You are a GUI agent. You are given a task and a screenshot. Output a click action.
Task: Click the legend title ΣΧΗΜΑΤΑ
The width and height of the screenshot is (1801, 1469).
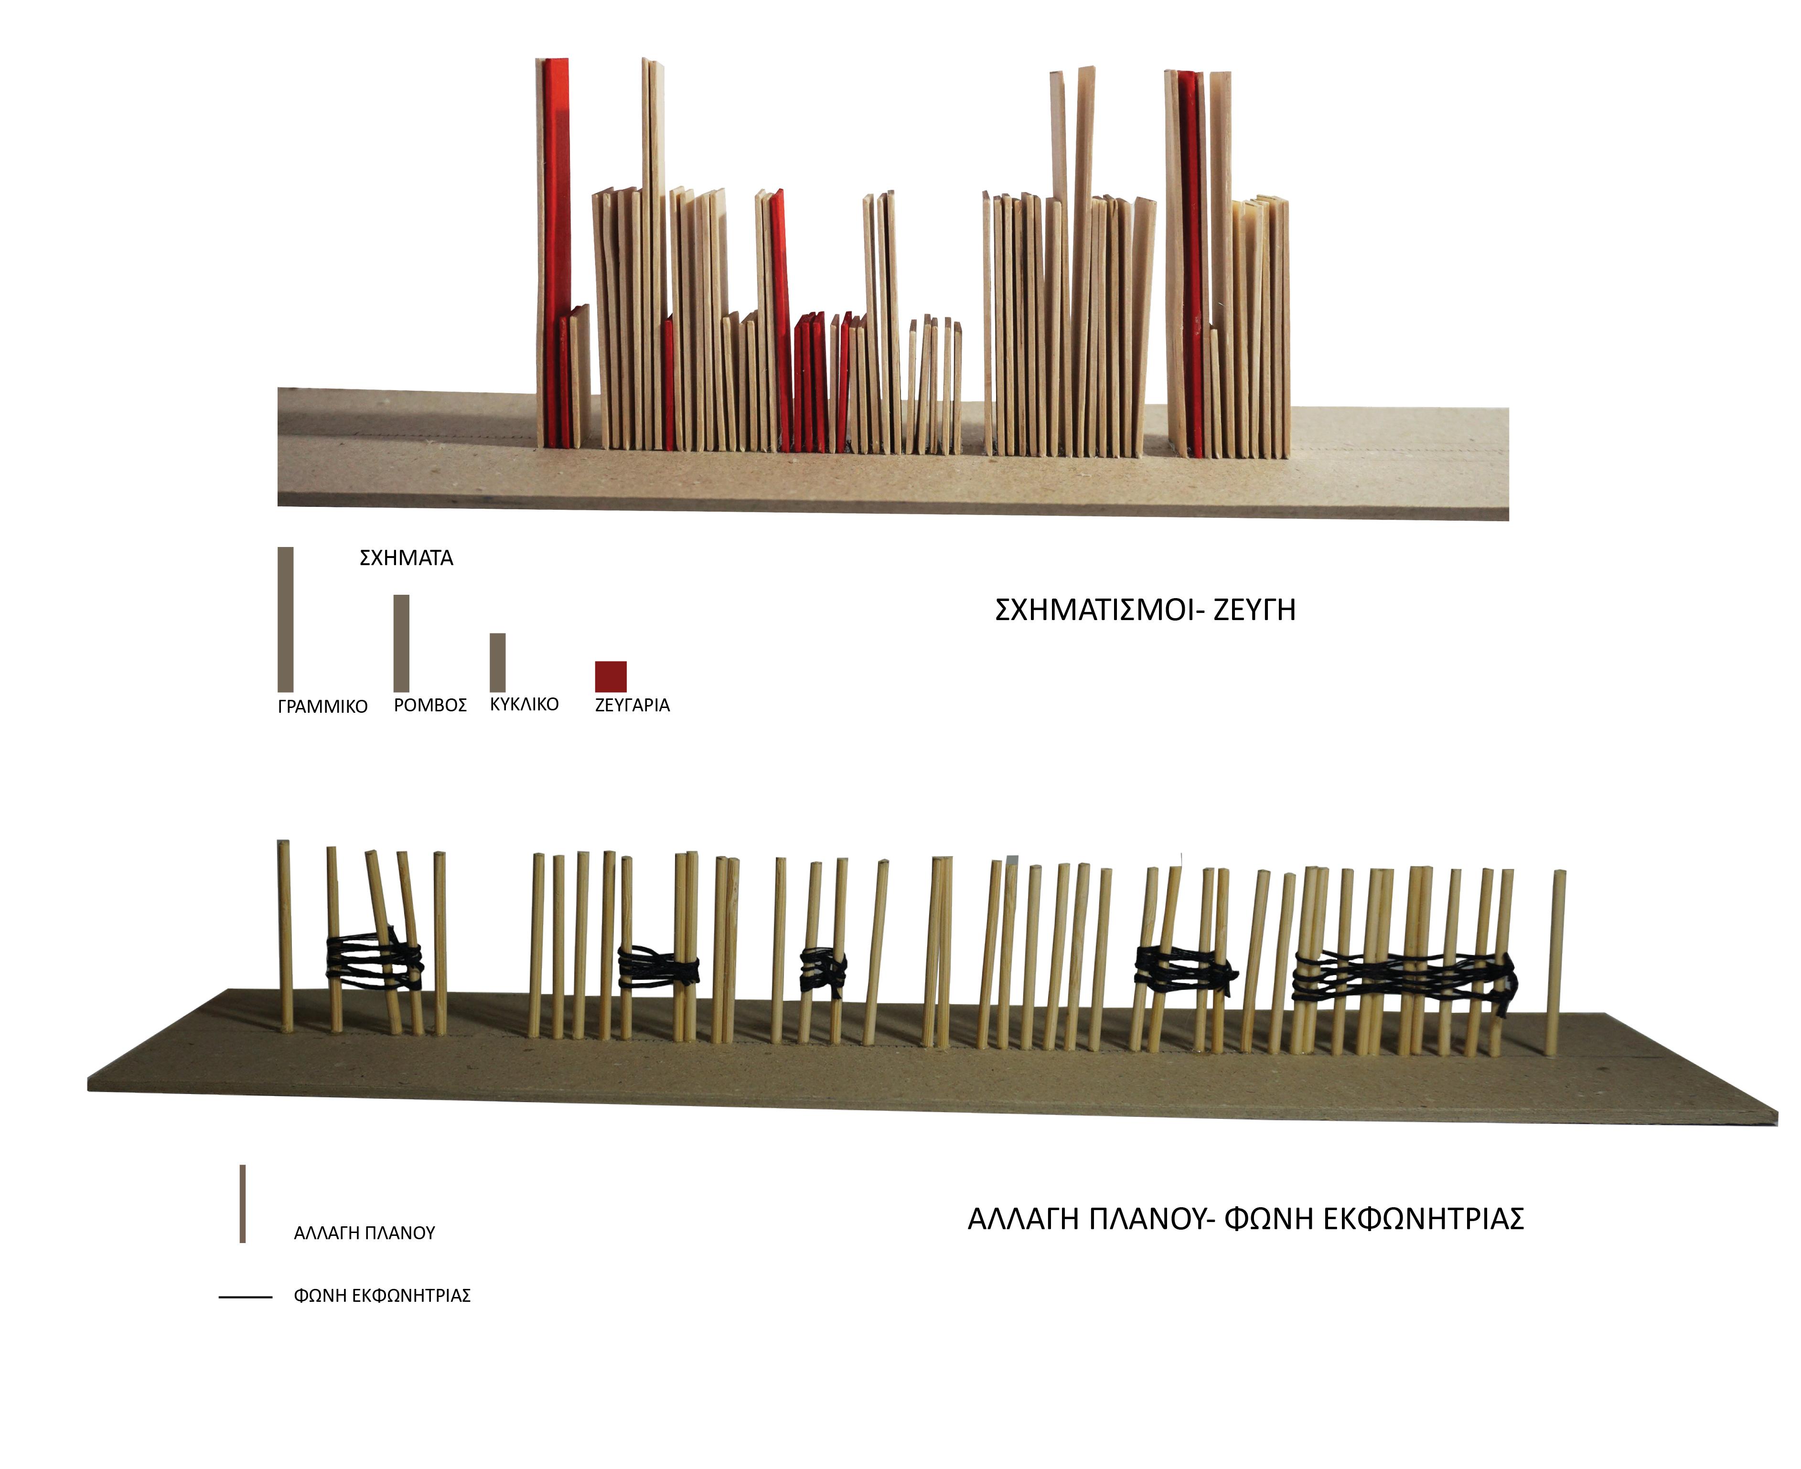(x=406, y=558)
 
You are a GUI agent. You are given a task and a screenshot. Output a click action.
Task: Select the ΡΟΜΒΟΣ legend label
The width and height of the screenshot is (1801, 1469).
(x=430, y=706)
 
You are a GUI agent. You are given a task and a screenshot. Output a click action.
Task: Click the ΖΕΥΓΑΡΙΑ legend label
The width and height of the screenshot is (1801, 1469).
(x=632, y=706)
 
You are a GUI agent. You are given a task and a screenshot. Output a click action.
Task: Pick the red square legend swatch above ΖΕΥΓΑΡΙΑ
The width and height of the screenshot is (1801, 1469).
(x=610, y=676)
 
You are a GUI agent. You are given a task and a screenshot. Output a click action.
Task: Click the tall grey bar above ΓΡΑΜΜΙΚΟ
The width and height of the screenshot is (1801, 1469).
(x=285, y=620)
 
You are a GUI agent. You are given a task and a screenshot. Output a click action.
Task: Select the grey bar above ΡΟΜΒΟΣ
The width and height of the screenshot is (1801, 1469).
(x=401, y=643)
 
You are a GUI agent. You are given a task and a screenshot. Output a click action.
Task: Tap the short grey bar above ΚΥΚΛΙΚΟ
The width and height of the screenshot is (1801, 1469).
(x=498, y=663)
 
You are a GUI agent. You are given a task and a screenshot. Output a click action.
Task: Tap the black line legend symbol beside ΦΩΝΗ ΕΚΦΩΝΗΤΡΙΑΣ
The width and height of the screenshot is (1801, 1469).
(x=246, y=1297)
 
